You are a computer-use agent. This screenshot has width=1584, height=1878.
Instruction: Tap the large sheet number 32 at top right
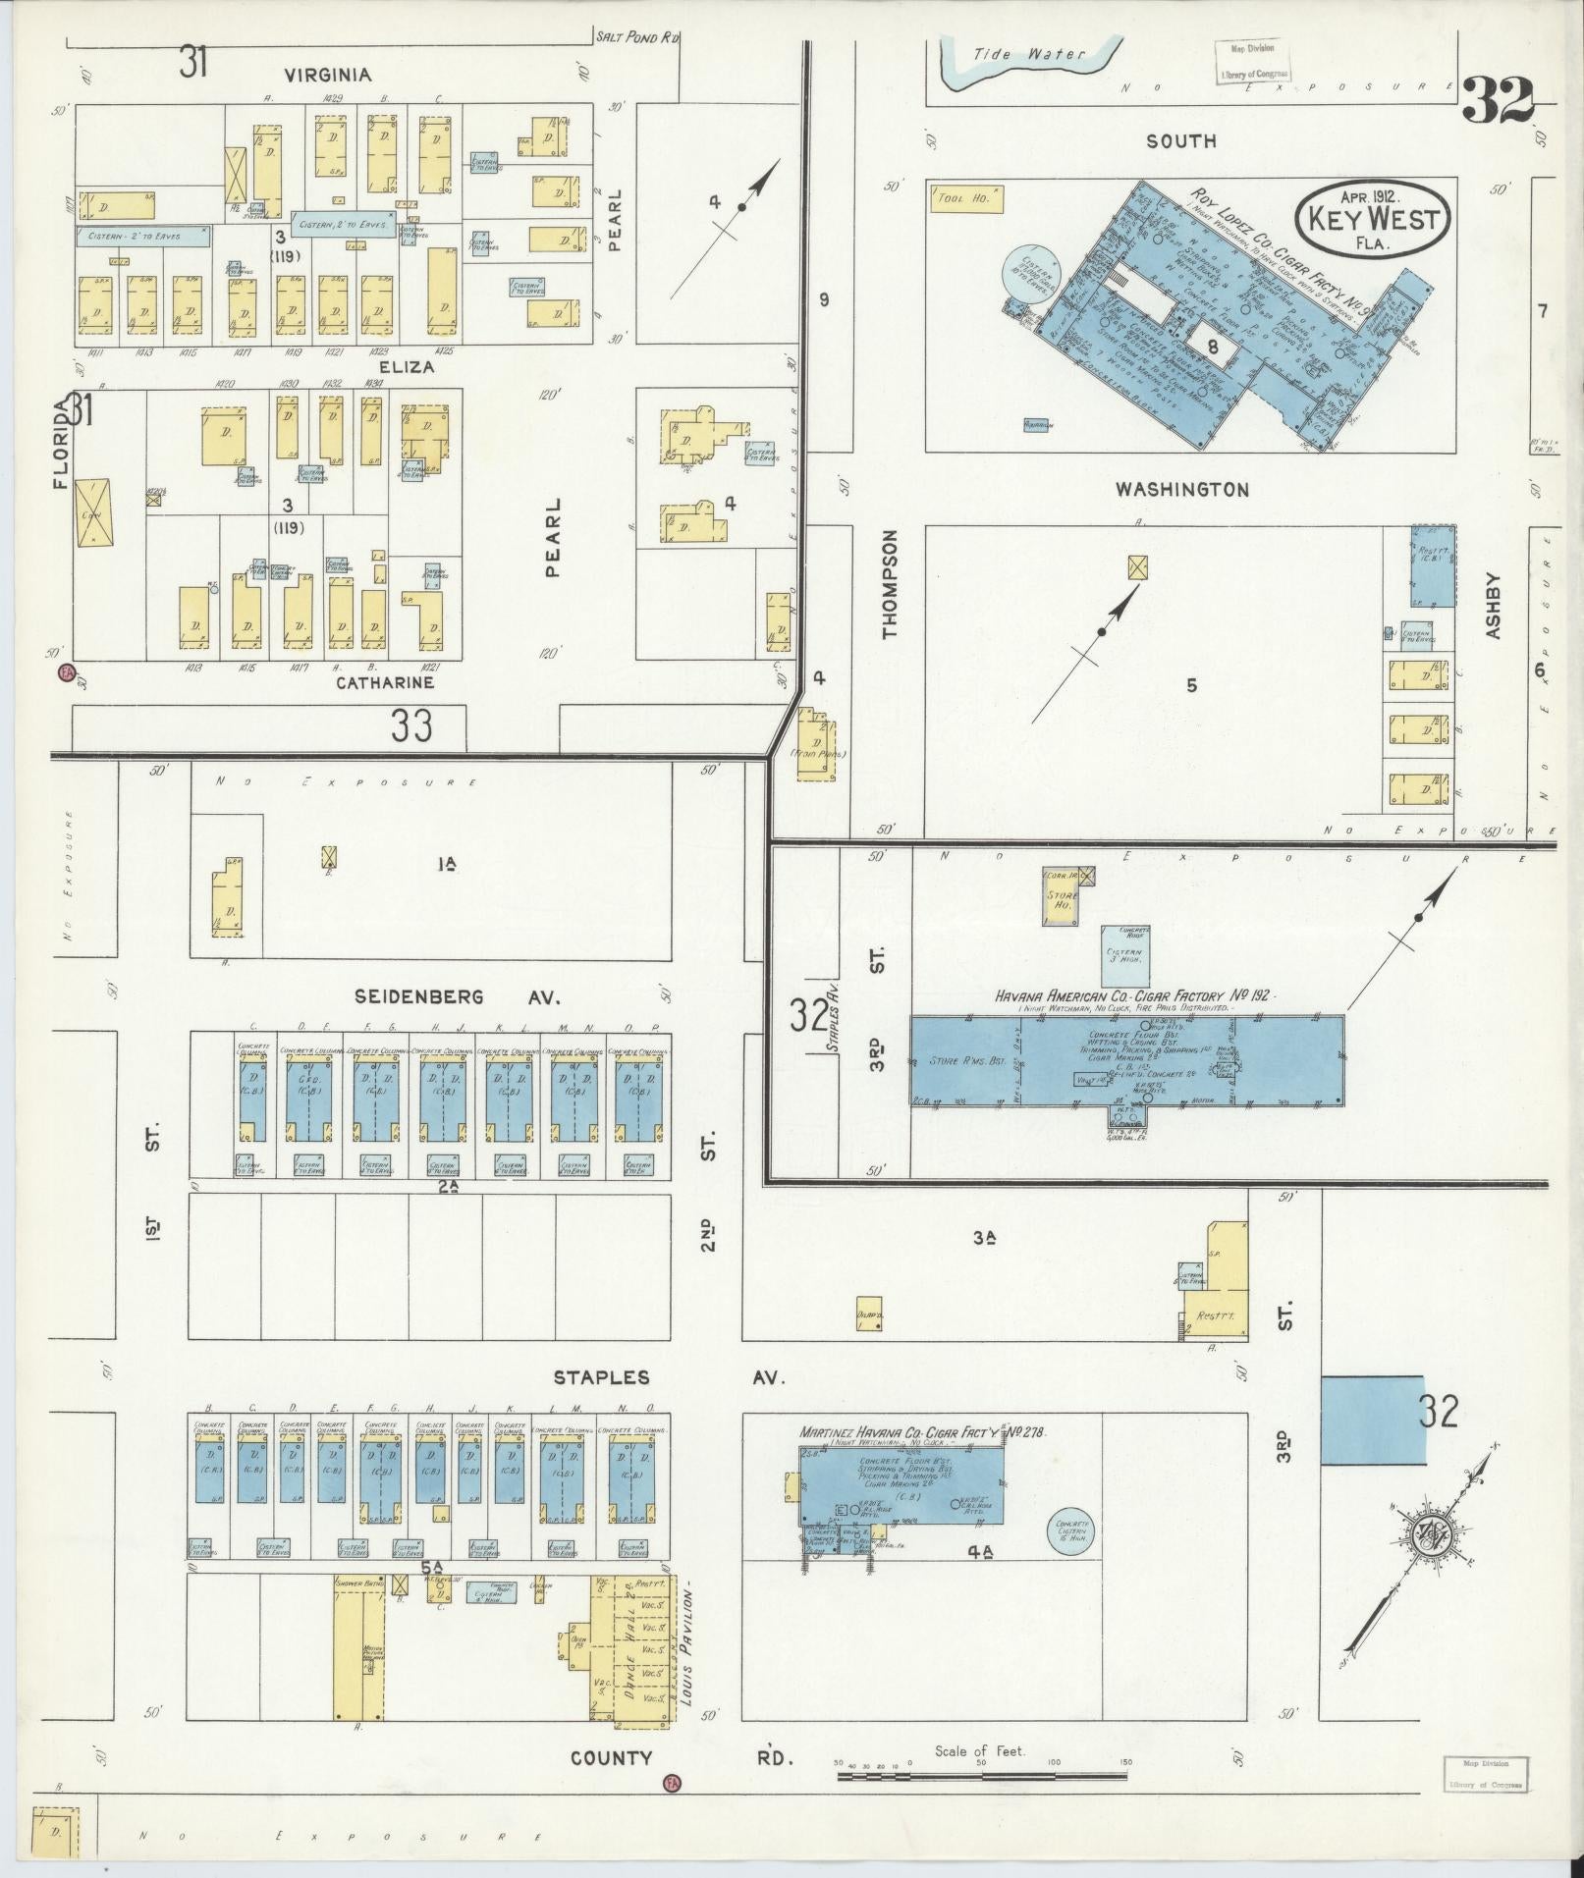click(1499, 99)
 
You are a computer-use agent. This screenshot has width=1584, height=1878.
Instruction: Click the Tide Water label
click(1029, 55)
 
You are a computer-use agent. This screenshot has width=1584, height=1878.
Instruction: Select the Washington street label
click(1182, 489)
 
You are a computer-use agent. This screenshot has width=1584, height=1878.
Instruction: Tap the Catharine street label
click(385, 682)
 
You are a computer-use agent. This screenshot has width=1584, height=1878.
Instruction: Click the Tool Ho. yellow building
click(965, 199)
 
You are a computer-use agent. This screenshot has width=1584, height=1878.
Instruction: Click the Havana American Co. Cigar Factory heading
click(1133, 995)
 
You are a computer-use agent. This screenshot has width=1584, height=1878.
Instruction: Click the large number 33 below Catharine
click(410, 727)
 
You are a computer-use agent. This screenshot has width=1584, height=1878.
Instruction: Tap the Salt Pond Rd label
click(637, 37)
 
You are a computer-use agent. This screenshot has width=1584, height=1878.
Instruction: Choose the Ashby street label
click(1494, 608)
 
